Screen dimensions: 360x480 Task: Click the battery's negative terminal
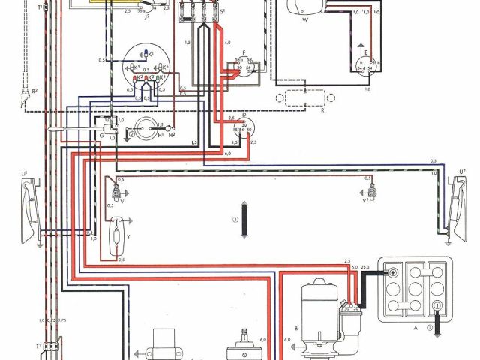pos(436,305)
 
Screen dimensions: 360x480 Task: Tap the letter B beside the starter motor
pos(298,328)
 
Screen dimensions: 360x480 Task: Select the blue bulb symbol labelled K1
pos(142,54)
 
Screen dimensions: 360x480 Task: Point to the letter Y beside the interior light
pos(128,236)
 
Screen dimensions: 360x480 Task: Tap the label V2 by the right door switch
pos(366,200)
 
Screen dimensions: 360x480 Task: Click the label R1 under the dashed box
pos(324,111)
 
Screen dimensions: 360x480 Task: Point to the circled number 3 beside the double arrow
pos(235,220)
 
